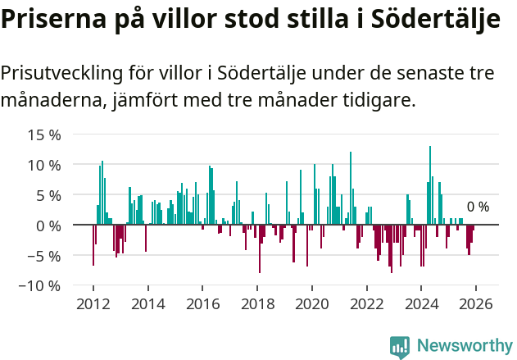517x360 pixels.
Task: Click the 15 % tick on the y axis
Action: coord(43,134)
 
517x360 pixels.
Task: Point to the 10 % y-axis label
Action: coord(43,164)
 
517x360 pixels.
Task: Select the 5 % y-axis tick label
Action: coord(48,194)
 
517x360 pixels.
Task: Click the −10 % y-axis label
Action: coord(39,285)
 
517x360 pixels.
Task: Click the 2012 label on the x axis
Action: coord(93,303)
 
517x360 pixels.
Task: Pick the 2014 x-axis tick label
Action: coord(148,303)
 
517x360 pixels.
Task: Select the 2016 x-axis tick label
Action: coord(202,303)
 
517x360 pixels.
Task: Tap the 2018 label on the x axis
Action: coord(257,303)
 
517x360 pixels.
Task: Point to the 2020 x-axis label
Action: coord(311,303)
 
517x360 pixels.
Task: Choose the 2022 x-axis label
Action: coord(366,303)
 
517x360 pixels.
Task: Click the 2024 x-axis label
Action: coord(421,303)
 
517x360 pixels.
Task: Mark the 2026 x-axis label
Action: coord(475,303)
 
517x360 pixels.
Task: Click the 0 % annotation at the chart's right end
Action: coord(478,207)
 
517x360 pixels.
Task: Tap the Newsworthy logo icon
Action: coord(400,347)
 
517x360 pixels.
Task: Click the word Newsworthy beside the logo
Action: coord(465,347)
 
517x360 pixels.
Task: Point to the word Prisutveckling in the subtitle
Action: coord(61,73)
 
